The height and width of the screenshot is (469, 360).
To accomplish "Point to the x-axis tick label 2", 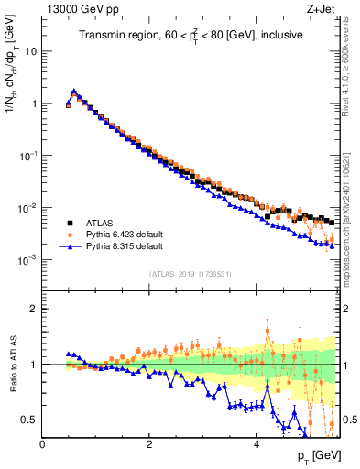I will coord(149,442).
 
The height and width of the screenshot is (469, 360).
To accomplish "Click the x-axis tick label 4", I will coord(256,442).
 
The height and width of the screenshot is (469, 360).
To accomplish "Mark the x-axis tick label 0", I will coord(43,442).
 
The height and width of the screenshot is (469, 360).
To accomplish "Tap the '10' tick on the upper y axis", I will coord(29,51).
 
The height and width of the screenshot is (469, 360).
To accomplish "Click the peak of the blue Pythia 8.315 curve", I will coord(74,92).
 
